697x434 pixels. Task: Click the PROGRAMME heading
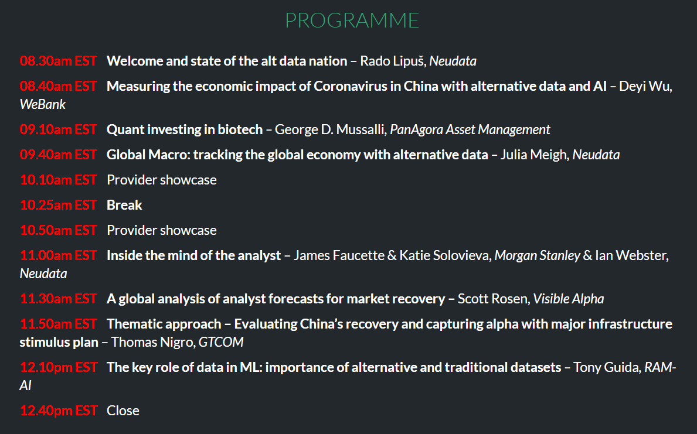352,20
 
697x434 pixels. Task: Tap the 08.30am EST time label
58,61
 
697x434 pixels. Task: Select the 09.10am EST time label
58,129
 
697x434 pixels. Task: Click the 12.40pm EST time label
58,411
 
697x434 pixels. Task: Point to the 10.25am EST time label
58,205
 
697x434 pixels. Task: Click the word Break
124,205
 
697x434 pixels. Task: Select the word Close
123,411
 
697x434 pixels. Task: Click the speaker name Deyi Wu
645,86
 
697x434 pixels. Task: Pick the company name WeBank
43,104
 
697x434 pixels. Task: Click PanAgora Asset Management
470,129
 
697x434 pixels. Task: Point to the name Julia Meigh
534,155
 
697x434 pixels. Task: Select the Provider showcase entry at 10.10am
162,180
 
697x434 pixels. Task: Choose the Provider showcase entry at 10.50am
162,230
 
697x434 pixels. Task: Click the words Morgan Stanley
538,255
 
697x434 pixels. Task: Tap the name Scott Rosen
492,299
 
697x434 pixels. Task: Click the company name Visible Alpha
569,299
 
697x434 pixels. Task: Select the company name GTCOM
221,342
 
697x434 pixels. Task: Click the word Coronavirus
351,86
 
